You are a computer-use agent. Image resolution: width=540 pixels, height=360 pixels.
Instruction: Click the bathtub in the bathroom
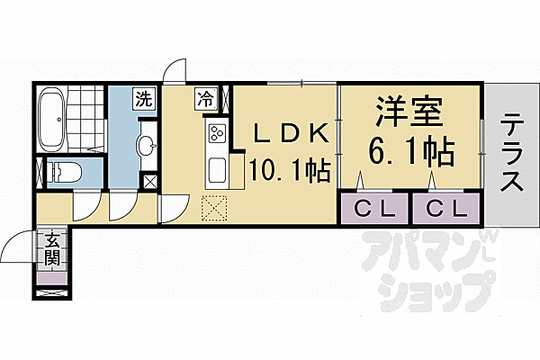tap(50, 120)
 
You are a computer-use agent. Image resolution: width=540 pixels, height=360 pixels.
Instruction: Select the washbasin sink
tap(147, 146)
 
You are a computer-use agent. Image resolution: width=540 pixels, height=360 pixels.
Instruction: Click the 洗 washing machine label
tap(143, 98)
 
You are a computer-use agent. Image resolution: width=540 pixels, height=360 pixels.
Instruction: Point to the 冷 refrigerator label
tap(207, 98)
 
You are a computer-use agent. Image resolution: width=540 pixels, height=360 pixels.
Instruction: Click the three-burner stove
tap(217, 133)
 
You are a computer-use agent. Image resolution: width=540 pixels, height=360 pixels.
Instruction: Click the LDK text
tap(290, 133)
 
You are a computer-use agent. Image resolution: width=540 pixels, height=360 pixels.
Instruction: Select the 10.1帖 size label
tap(290, 170)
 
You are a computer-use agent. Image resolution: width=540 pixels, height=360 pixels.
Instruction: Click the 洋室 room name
tap(409, 112)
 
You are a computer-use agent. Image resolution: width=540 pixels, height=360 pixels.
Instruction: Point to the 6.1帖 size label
tap(411, 151)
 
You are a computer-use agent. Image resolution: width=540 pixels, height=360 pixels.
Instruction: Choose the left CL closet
tap(374, 209)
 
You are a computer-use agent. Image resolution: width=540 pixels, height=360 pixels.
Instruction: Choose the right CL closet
tap(446, 209)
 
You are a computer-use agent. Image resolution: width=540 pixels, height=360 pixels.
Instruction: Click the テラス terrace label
tap(511, 152)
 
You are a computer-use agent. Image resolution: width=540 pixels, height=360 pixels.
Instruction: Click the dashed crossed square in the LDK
tap(214, 209)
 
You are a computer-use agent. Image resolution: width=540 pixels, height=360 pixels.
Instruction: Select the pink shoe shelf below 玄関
tap(52, 278)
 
